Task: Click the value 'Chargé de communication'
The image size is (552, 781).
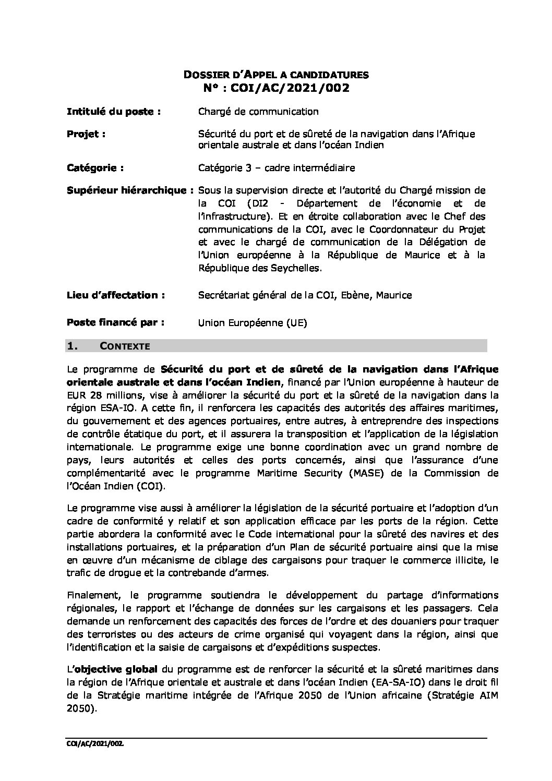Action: pyautogui.click(x=258, y=111)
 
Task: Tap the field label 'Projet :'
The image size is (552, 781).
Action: pyautogui.click(x=86, y=134)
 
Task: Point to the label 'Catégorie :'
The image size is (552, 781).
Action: pyautogui.click(x=95, y=168)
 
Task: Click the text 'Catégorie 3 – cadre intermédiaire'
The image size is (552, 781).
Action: pyautogui.click(x=277, y=168)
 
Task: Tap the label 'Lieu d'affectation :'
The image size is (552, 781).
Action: pyautogui.click(x=116, y=295)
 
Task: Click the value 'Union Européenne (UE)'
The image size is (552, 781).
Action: pyautogui.click(x=253, y=323)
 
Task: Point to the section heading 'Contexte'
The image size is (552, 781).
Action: pyautogui.click(x=125, y=346)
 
